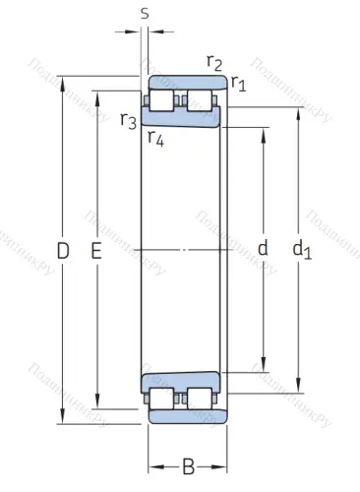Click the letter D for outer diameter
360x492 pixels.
[x=63, y=252]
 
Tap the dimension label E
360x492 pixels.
[x=96, y=252]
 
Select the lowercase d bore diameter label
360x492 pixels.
[x=263, y=249]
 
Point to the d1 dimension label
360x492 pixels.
[x=301, y=251]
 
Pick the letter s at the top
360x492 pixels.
[x=145, y=14]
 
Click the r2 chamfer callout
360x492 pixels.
[x=213, y=62]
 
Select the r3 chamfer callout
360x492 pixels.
[x=128, y=121]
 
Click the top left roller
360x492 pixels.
[x=163, y=100]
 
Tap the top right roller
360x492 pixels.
[x=203, y=100]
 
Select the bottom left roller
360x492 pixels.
[x=163, y=399]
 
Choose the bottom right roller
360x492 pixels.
[x=203, y=399]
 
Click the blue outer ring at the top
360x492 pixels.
[x=187, y=82]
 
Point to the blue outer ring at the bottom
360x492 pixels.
[x=187, y=417]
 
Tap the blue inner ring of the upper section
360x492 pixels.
[x=182, y=119]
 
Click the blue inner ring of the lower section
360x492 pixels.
[x=182, y=380]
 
